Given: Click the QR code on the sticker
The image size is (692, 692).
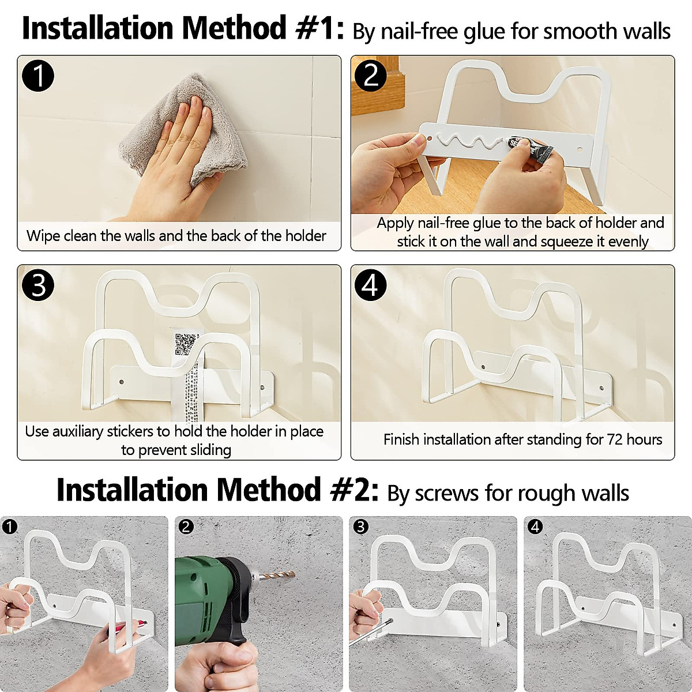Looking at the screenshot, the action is (186, 344).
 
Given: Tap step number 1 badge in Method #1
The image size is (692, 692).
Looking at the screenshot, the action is (38, 76).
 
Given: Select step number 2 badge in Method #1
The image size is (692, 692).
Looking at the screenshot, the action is (371, 76).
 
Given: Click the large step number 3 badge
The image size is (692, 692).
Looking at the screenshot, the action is (38, 285).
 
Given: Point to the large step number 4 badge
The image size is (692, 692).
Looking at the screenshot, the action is (371, 285).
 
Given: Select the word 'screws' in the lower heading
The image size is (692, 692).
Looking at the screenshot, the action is (447, 494).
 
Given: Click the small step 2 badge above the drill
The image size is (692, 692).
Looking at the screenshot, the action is (186, 527).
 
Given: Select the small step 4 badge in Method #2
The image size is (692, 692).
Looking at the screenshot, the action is (535, 527).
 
